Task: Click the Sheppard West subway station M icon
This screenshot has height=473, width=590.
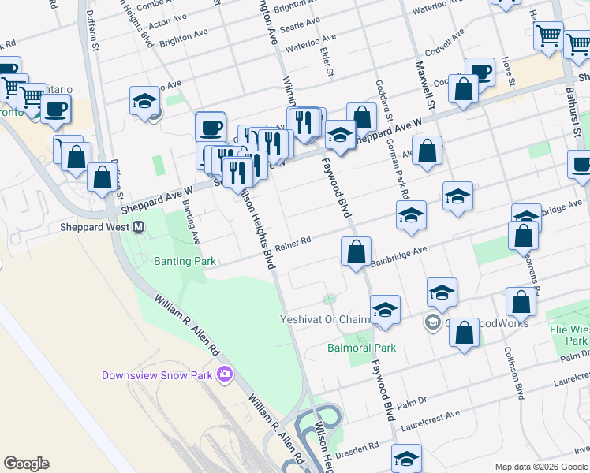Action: (138, 227)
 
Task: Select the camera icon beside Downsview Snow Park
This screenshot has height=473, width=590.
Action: (225, 374)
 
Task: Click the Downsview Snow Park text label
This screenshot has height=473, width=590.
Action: (157, 375)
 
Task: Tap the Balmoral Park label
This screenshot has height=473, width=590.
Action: (361, 347)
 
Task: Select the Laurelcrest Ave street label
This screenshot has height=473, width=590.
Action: (430, 415)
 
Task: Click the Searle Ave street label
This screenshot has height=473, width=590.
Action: (301, 24)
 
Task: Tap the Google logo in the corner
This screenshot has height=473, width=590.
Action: (26, 464)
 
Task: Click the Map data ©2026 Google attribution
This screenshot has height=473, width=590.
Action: (541, 467)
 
